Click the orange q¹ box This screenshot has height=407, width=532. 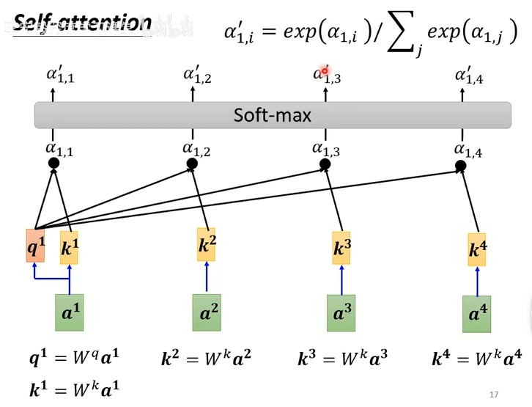pyautogui.click(x=35, y=246)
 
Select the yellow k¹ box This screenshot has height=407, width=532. pyautogui.click(x=69, y=248)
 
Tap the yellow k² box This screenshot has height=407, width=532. pyautogui.click(x=207, y=244)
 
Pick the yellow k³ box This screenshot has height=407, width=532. pyautogui.click(x=341, y=248)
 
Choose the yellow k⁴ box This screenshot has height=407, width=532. pyautogui.click(x=477, y=249)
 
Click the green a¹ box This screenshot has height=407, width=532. pyautogui.click(x=70, y=312)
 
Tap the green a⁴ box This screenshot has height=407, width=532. pyautogui.click(x=476, y=314)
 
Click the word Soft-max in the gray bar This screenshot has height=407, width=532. pyautogui.click(x=273, y=115)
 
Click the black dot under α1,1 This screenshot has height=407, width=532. pyautogui.click(x=53, y=164)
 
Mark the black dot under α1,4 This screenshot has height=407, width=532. pyautogui.click(x=462, y=166)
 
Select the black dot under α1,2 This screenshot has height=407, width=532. pyautogui.click(x=193, y=164)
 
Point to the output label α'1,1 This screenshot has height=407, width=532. pyautogui.click(x=60, y=74)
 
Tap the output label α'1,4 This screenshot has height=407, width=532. pyautogui.click(x=469, y=74)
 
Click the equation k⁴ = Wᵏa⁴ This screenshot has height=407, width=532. pyautogui.click(x=476, y=359)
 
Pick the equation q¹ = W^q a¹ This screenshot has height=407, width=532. pyautogui.click(x=73, y=359)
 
